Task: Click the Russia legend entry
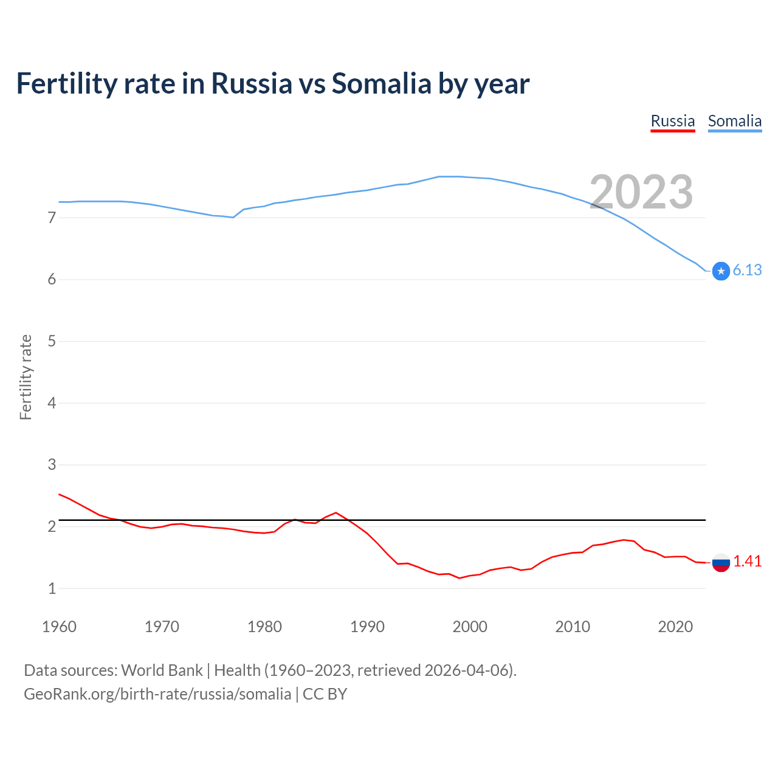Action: tap(672, 121)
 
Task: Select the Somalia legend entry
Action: tap(734, 121)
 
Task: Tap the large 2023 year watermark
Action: tap(641, 192)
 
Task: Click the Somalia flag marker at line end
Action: tap(721, 271)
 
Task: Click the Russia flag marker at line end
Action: tap(721, 562)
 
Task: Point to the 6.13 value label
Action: tap(747, 270)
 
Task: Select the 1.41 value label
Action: tap(747, 562)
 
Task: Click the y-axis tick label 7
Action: tap(52, 218)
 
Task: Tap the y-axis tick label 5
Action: tap(52, 341)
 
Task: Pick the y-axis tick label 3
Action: tap(52, 465)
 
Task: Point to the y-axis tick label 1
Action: tap(52, 588)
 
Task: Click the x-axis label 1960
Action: tap(59, 627)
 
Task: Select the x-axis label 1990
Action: tap(367, 627)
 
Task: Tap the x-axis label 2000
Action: tap(470, 627)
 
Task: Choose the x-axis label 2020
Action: tap(675, 627)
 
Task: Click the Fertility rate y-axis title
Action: tap(26, 377)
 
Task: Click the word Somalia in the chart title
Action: tap(381, 83)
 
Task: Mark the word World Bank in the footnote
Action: tap(162, 670)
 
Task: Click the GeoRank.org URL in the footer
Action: tap(157, 694)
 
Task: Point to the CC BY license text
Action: tap(325, 694)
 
